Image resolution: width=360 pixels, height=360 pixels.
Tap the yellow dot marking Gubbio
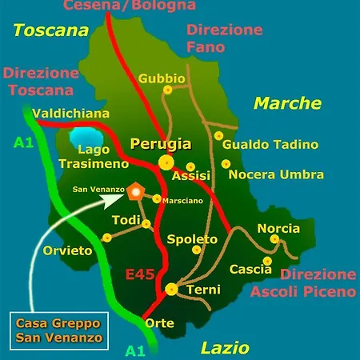(x=168, y=90)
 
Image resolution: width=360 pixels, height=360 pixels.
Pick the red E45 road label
(x=140, y=274)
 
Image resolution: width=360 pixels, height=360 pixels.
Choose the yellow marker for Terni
(x=171, y=289)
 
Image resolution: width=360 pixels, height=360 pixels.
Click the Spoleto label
(x=192, y=239)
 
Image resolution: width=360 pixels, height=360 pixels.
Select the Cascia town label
(x=250, y=269)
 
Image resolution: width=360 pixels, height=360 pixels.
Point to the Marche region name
(x=287, y=103)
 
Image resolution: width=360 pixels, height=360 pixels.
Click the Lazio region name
(x=225, y=348)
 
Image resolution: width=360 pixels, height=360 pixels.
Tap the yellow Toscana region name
(x=50, y=31)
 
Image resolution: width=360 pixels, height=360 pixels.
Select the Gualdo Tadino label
(x=270, y=145)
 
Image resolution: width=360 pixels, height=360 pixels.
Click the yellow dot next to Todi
(x=146, y=224)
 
